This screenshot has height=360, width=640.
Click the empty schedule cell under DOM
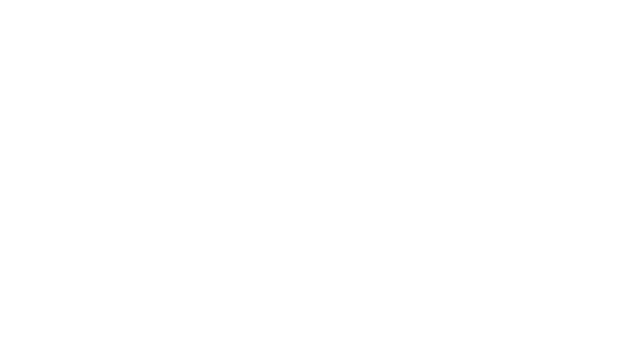[50, 161]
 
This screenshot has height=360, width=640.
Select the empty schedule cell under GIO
[410, 161]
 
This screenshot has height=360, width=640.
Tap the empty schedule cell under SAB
[590, 161]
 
